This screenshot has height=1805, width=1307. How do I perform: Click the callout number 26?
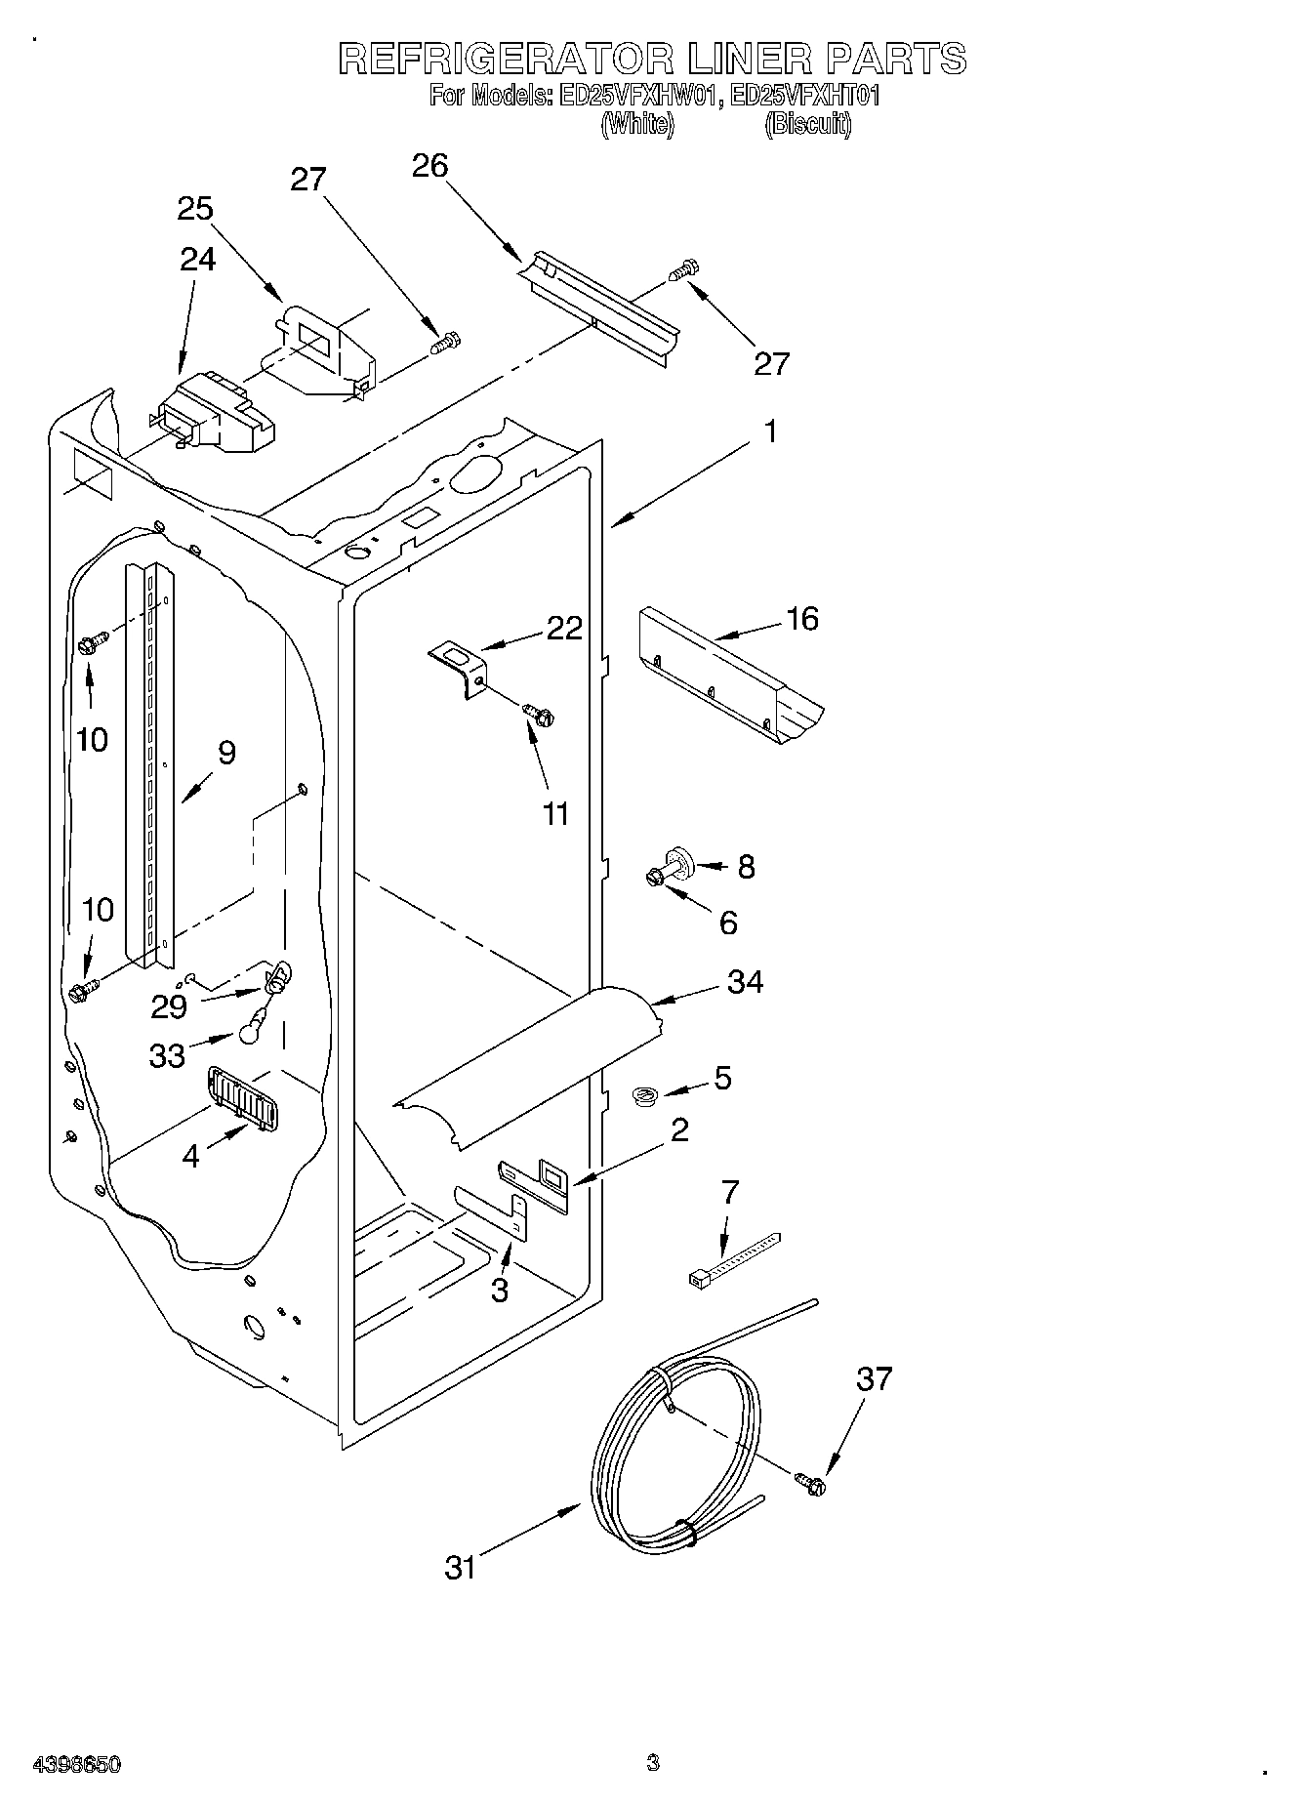[429, 167]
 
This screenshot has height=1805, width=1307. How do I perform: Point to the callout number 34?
[745, 982]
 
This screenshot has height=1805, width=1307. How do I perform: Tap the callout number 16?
[802, 619]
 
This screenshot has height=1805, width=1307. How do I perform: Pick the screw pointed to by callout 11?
[537, 715]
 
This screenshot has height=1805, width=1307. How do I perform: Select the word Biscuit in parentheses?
[807, 124]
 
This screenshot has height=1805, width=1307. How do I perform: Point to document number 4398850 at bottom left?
[77, 1764]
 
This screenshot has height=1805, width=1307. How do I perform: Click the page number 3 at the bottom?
[652, 1762]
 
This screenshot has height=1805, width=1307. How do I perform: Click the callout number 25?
[195, 209]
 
